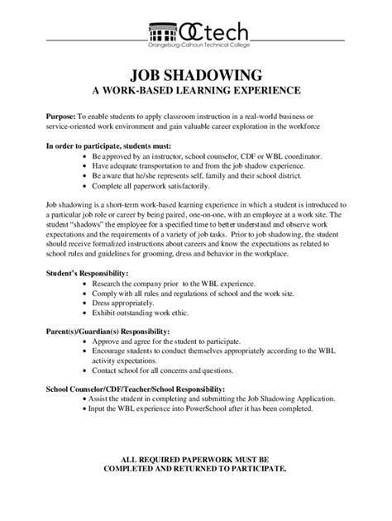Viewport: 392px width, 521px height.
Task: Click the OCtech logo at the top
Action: point(195,32)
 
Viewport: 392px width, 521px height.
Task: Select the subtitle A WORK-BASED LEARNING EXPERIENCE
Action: point(195,88)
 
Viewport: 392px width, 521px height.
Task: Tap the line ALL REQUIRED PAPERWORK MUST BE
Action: point(195,458)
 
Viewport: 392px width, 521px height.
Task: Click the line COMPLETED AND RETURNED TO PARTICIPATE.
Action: point(195,468)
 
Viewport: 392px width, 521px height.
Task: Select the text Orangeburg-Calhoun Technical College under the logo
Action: point(195,46)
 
